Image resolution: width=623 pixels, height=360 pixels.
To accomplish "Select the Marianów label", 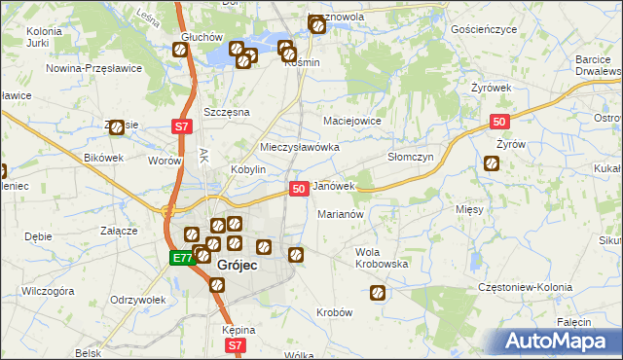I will pyautogui.click(x=340, y=214).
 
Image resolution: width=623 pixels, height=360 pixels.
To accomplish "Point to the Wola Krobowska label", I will pyautogui.click(x=381, y=258).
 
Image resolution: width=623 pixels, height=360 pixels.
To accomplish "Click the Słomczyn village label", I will pyautogui.click(x=410, y=157).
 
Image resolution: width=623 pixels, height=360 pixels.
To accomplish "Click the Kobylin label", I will pyautogui.click(x=248, y=168).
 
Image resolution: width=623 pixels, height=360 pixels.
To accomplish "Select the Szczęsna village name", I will pyautogui.click(x=226, y=112).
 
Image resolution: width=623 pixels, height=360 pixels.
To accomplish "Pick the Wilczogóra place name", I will pyautogui.click(x=48, y=290).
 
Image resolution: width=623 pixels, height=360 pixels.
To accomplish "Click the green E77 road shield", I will pyautogui.click(x=181, y=258).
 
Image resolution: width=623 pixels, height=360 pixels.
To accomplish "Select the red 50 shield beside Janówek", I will pyautogui.click(x=299, y=187).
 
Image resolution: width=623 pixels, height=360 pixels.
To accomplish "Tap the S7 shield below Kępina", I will pyautogui.click(x=235, y=344).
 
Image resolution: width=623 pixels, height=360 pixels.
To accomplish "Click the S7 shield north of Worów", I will pyautogui.click(x=181, y=126).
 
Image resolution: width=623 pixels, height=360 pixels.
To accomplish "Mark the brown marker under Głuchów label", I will pyautogui.click(x=181, y=51).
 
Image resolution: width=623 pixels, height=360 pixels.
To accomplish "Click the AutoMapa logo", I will pyautogui.click(x=559, y=341).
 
